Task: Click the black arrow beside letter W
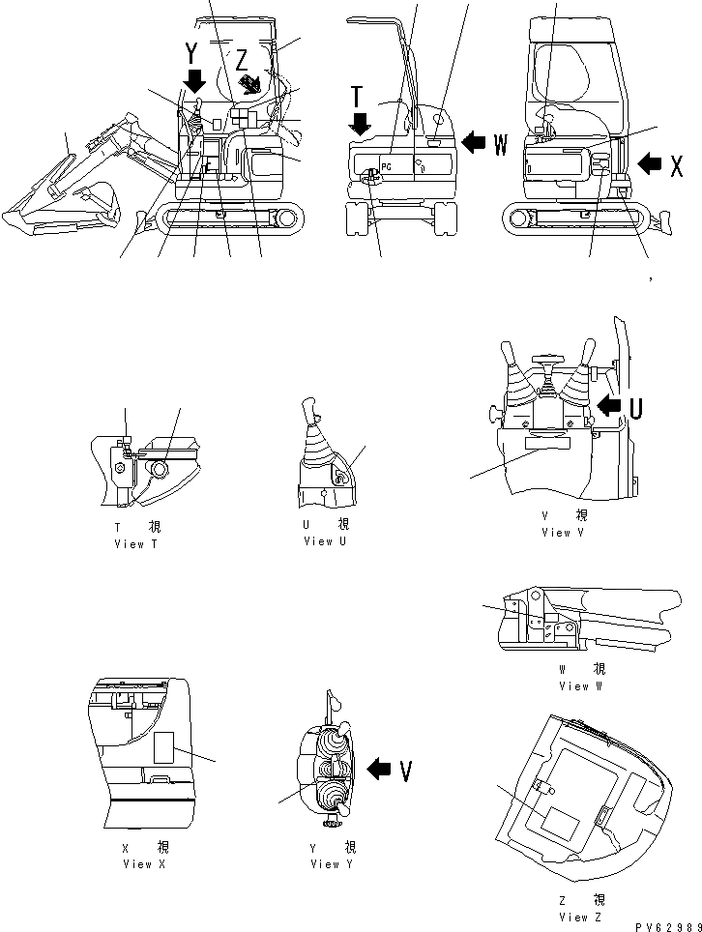(474, 143)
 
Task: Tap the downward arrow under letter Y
(196, 79)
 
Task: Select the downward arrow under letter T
(361, 123)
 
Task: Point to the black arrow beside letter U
(610, 402)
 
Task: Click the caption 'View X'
(144, 863)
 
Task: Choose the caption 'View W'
(580, 685)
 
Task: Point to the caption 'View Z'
(580, 917)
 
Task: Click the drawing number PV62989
(662, 924)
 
